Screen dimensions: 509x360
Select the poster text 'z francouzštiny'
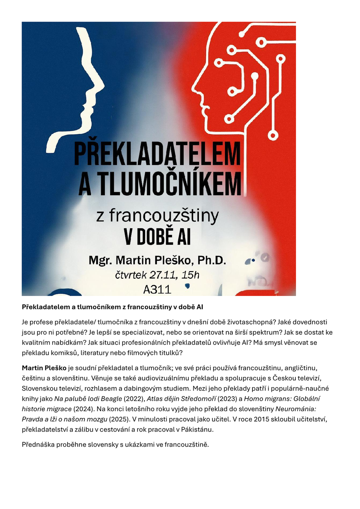tap(157, 216)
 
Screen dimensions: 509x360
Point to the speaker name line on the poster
tap(157, 260)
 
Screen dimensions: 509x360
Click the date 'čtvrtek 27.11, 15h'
tap(157, 275)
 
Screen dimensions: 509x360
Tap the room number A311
tap(157, 289)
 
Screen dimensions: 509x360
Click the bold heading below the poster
tap(112, 307)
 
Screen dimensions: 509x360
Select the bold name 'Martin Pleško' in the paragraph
tap(44, 368)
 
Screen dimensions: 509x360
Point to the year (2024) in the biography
tap(82, 409)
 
